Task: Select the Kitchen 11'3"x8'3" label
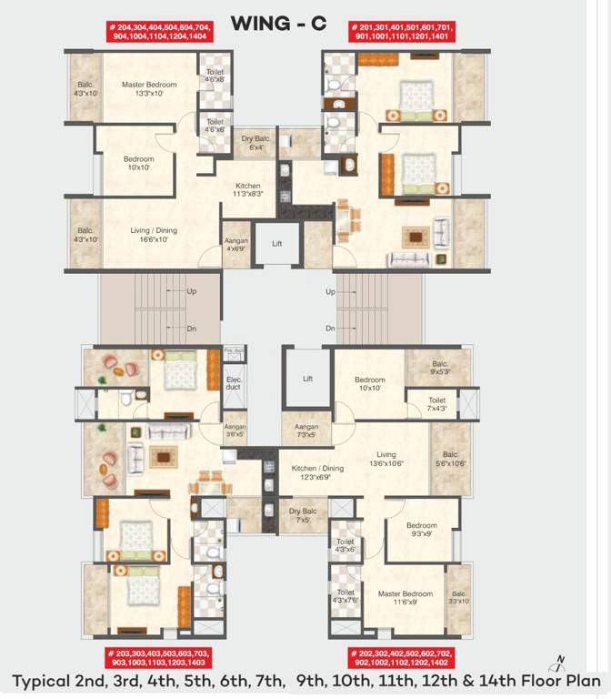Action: pos(248,189)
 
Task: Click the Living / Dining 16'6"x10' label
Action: pos(154,235)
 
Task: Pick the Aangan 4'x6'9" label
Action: pos(236,245)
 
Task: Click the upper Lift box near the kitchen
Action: pos(277,243)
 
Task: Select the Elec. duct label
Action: pos(234,382)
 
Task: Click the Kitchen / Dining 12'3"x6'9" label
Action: pos(317,472)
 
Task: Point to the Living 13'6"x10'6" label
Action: pos(386,459)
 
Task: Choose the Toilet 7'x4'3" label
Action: pos(436,404)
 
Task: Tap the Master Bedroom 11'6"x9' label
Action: pos(399,597)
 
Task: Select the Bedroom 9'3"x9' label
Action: pos(422,530)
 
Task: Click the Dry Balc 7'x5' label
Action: pos(302,515)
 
